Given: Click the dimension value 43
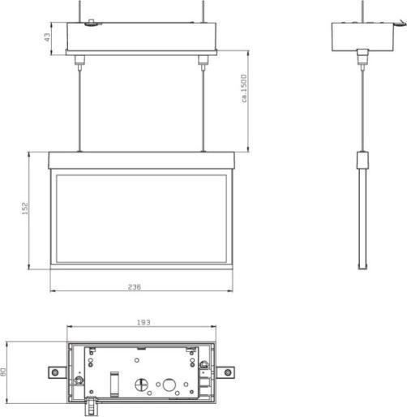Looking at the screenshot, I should (48, 37).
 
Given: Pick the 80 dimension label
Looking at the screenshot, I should (4, 372).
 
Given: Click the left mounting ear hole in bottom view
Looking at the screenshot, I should (55, 372).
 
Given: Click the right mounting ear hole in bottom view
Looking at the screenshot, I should (230, 372).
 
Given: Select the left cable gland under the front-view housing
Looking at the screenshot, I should (79, 61).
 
